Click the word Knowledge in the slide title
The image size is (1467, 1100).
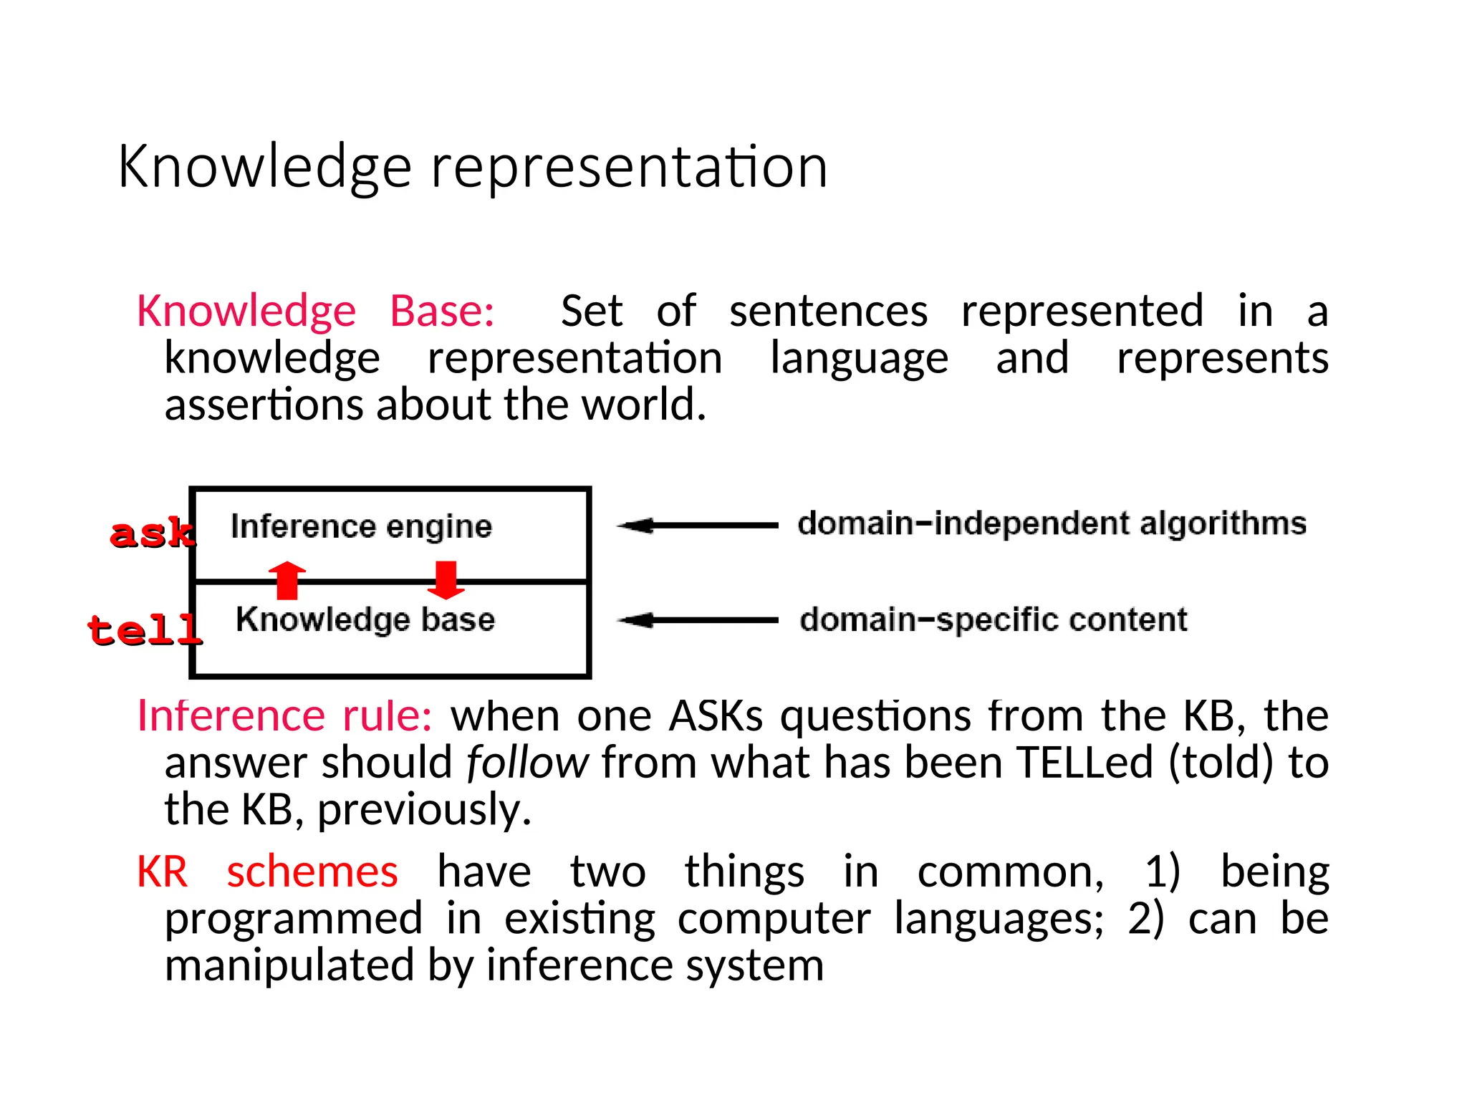(x=264, y=167)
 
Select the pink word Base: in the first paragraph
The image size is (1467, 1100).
(x=441, y=311)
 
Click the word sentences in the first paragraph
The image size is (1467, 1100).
(x=828, y=311)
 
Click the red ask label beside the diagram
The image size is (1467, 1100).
(x=152, y=534)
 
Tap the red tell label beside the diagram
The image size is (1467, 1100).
(x=144, y=630)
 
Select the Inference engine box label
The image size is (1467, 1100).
(x=361, y=526)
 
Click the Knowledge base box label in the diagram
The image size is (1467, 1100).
(x=365, y=619)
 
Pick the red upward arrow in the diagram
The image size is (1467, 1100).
(x=287, y=579)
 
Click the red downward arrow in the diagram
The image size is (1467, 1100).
(x=446, y=579)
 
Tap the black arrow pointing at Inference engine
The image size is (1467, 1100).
(x=697, y=526)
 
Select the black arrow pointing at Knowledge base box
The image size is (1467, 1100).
(x=697, y=620)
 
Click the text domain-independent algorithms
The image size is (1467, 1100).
(x=1052, y=524)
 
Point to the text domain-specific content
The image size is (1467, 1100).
(x=993, y=620)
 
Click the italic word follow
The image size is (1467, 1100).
(x=527, y=763)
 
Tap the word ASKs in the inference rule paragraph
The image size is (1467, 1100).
(x=716, y=715)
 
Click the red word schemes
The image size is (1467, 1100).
(x=312, y=872)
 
